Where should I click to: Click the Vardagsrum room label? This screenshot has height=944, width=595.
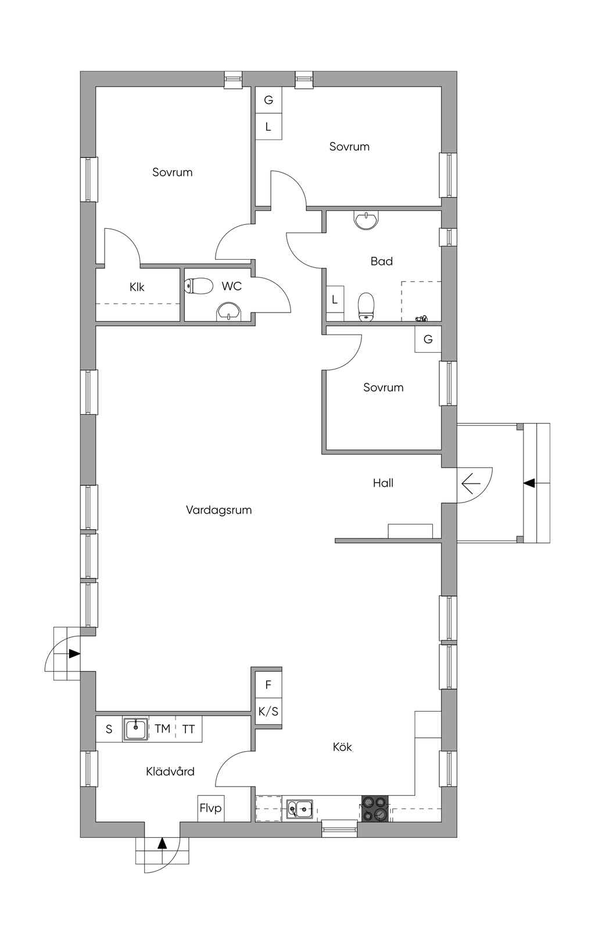point(218,510)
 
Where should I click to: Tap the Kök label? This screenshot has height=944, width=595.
point(342,746)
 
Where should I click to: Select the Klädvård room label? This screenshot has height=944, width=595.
point(170,771)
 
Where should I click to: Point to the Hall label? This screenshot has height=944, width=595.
point(383,483)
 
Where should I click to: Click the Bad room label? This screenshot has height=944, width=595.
point(382,261)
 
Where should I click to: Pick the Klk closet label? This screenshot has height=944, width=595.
point(137,287)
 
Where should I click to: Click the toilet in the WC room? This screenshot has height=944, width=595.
point(199,286)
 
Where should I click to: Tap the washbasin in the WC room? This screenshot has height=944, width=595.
point(229,311)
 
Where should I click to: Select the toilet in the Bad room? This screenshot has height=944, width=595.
point(365,306)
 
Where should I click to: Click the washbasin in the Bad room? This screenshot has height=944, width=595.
point(366,220)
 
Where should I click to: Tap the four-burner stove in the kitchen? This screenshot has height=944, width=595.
point(375,808)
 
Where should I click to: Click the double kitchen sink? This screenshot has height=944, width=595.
point(300,809)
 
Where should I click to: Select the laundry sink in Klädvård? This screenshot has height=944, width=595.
point(135,729)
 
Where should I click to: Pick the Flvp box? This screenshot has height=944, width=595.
point(211,808)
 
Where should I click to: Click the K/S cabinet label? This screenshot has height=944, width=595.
point(268,712)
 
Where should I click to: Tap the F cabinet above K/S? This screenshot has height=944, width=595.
point(268,685)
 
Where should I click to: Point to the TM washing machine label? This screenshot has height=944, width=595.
point(162,728)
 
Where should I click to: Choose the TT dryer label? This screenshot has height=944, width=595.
point(188,729)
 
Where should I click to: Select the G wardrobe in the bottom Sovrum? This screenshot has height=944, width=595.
point(428,339)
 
